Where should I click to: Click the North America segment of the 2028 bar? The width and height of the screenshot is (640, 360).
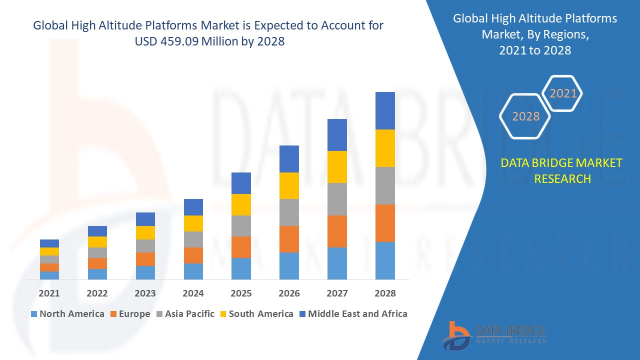(x=385, y=260)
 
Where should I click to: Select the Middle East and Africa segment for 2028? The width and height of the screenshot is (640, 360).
(x=385, y=110)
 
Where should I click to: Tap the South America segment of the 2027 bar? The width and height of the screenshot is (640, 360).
(x=337, y=166)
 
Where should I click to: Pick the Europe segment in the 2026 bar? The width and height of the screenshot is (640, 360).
(x=289, y=239)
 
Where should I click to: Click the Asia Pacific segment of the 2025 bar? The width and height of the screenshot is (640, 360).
(x=241, y=226)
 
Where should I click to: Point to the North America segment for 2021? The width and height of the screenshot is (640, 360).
(x=49, y=275)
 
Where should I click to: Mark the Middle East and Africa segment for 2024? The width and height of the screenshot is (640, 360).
(x=193, y=207)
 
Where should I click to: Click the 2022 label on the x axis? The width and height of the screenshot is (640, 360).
(x=97, y=293)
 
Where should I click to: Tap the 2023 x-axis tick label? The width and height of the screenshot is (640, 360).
(x=145, y=293)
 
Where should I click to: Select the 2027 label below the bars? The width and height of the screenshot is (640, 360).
(x=337, y=293)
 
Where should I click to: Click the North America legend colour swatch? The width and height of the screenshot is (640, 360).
(x=34, y=314)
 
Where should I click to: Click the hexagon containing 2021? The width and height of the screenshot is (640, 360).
(x=563, y=93)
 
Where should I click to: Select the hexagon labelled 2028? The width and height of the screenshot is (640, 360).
(x=525, y=116)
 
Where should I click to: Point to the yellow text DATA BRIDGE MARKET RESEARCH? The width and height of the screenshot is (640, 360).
(x=562, y=170)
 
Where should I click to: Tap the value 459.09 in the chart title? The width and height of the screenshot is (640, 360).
(x=180, y=41)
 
